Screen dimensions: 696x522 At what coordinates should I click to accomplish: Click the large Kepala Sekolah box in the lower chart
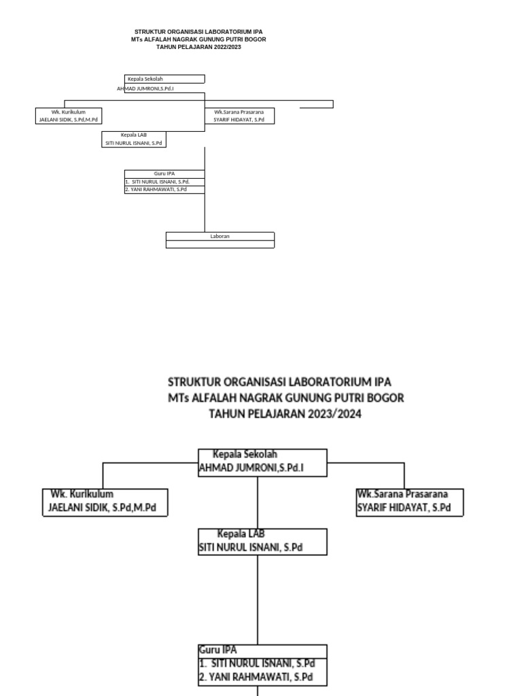click(x=262, y=462)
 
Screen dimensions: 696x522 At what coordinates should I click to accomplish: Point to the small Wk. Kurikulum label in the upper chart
click(x=69, y=111)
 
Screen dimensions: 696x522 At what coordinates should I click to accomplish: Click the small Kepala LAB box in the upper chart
click(x=134, y=139)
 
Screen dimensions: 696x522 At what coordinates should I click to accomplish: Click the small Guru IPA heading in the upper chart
click(x=164, y=173)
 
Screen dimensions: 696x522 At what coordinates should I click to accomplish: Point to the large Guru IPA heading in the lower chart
click(x=219, y=650)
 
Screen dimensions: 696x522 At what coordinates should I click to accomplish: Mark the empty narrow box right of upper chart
click(x=317, y=104)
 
